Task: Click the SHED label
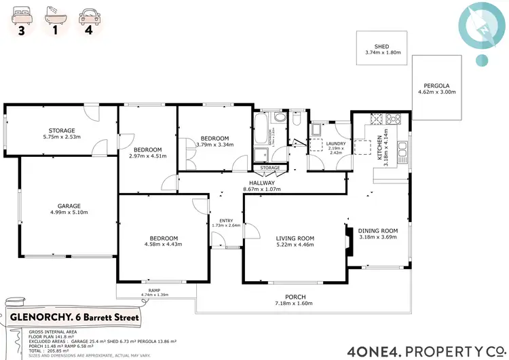tap(383, 46)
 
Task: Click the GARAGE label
tap(69, 205)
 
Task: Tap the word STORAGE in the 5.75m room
tap(61, 130)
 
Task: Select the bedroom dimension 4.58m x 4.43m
tap(165, 245)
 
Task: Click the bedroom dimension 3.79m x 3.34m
tap(214, 144)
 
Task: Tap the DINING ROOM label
tap(379, 230)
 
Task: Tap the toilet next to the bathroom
tap(297, 120)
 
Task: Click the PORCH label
tap(295, 298)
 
